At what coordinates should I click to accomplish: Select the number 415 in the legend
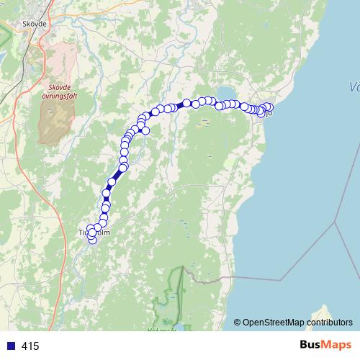point(30,346)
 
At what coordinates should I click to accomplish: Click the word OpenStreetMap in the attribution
point(273,322)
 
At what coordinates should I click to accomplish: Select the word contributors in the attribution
point(328,322)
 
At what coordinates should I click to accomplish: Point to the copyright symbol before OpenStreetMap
point(237,322)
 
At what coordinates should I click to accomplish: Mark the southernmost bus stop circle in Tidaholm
point(92,240)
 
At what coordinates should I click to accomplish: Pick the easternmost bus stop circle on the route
point(269,107)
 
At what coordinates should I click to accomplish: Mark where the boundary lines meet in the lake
point(335,222)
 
